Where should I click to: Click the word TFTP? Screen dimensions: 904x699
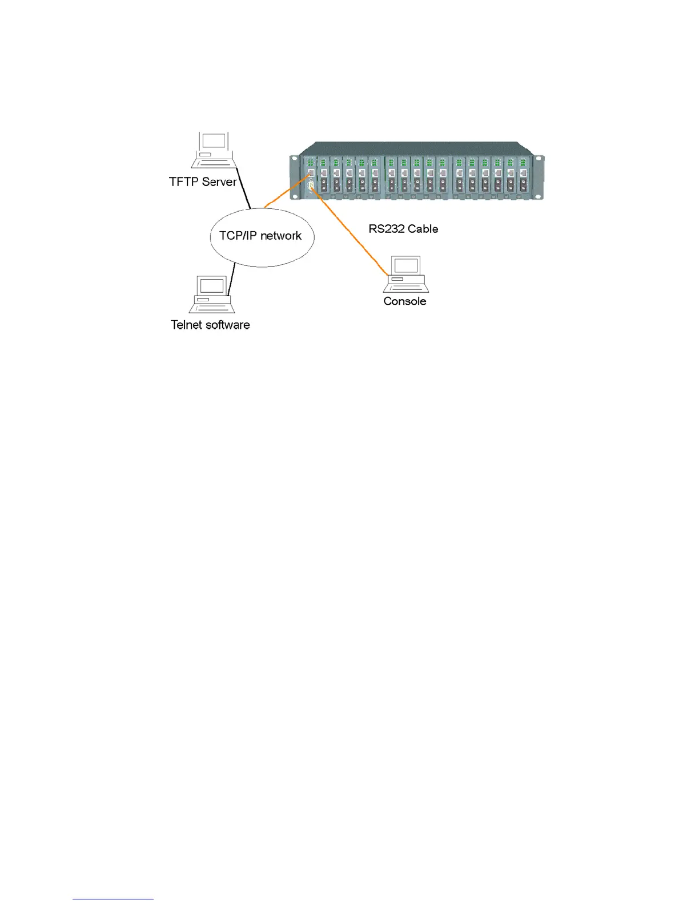click(x=183, y=182)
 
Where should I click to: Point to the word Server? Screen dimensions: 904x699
click(x=219, y=182)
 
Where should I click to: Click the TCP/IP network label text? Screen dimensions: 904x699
click(x=260, y=236)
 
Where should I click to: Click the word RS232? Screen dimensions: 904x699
click(x=387, y=229)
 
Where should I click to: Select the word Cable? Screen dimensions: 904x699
click(x=423, y=229)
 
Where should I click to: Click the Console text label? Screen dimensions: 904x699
click(x=405, y=301)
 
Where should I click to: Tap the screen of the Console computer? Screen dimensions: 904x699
click(x=407, y=265)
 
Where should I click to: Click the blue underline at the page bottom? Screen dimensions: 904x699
click(x=113, y=899)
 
